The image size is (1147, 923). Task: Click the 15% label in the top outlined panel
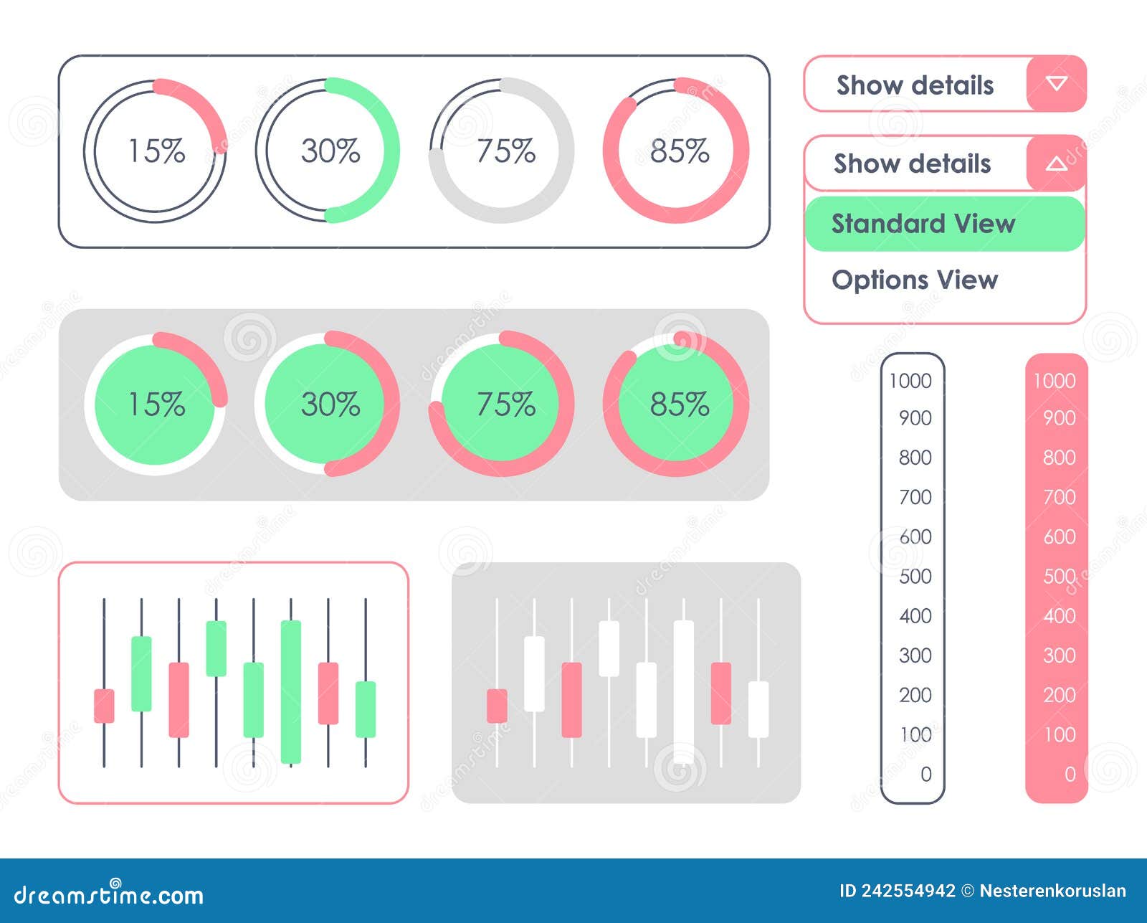click(x=156, y=151)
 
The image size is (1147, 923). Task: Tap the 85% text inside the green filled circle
click(x=679, y=404)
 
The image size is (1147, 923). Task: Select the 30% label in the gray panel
click(x=330, y=404)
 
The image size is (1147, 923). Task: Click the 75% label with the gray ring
click(x=505, y=151)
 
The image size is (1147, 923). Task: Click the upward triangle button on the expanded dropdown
click(x=1056, y=164)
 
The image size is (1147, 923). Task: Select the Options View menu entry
click(x=915, y=280)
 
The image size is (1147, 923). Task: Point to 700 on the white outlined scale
click(x=915, y=496)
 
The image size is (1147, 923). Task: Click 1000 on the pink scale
click(x=1054, y=381)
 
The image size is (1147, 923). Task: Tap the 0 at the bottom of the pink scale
click(x=1070, y=774)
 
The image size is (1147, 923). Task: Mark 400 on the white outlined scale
click(x=915, y=615)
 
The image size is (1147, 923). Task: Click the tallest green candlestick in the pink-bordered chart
click(x=290, y=691)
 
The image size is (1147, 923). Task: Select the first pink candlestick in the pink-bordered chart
click(x=104, y=706)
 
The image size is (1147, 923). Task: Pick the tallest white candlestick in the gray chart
click(x=683, y=691)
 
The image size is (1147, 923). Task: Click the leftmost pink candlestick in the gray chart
click(x=497, y=706)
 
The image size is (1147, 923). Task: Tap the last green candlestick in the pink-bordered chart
click(x=366, y=709)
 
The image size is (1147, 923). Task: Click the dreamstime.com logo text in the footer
click(x=109, y=895)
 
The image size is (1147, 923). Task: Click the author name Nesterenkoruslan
click(x=1052, y=891)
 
